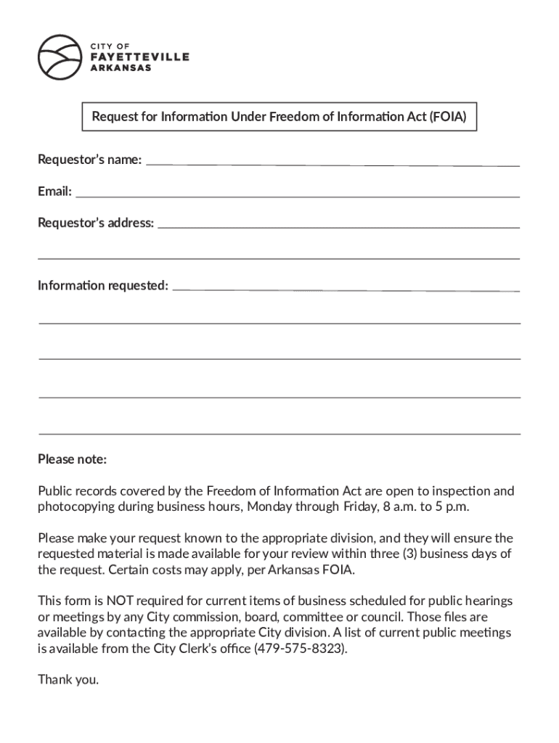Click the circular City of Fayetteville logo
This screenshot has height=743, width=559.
point(60,57)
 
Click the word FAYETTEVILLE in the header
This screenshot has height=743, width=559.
point(139,57)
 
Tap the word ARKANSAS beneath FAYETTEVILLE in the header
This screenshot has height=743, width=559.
point(121,68)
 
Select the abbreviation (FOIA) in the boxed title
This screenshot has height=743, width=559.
point(449,117)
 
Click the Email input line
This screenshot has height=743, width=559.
point(298,192)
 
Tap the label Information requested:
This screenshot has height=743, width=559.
point(103,285)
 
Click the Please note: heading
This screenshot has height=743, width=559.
point(72,459)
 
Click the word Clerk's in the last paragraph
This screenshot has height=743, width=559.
point(197,648)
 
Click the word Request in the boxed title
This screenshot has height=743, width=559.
point(115,117)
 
